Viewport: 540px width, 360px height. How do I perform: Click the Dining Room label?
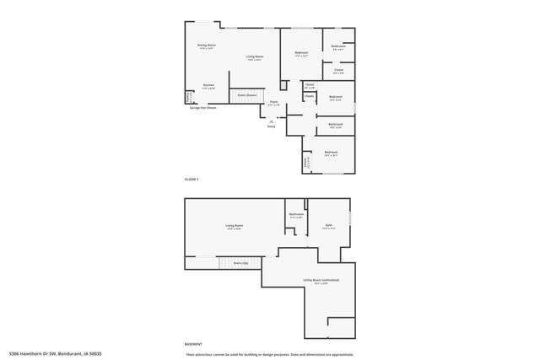[207, 46]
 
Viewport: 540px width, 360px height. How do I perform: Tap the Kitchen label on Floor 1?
[208, 86]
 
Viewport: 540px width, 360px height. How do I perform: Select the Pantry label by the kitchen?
[188, 97]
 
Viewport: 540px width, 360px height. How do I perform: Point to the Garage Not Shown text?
[202, 108]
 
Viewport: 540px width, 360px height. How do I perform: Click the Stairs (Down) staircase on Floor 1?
[246, 95]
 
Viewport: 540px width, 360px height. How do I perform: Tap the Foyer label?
[274, 103]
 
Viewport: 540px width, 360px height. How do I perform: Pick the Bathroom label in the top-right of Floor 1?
[337, 46]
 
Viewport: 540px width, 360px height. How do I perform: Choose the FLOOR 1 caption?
[192, 180]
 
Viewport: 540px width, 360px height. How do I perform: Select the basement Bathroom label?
[296, 215]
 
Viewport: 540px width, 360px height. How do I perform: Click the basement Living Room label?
[234, 226]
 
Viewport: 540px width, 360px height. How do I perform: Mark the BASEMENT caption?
[194, 344]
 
